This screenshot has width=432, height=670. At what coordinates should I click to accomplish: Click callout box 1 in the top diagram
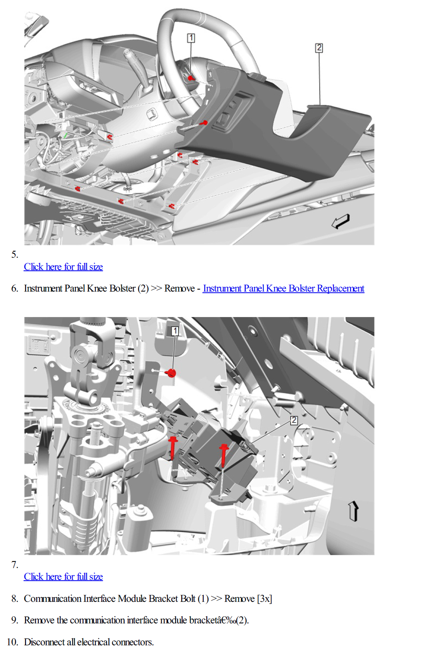191,38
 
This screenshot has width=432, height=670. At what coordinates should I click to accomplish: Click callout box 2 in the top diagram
319,48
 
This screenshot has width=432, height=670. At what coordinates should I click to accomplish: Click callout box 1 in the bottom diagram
175,331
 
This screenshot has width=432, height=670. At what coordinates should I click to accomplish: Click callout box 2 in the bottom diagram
294,420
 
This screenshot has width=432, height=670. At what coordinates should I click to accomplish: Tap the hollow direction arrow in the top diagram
341,221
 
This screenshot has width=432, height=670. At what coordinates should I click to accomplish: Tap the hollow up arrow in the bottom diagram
354,511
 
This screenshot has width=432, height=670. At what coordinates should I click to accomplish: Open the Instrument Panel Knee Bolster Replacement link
283,288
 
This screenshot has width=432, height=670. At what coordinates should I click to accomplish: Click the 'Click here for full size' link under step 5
63,266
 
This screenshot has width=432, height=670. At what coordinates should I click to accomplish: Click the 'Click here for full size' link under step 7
63,576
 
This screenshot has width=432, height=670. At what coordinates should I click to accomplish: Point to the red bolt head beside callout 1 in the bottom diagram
171,373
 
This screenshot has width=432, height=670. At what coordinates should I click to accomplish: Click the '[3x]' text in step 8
264,599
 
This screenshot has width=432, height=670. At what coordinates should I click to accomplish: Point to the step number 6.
15,288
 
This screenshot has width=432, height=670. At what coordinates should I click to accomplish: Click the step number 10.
12,642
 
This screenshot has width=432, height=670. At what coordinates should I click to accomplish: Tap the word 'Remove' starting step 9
40,620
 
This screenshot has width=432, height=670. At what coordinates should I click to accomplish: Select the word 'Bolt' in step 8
188,599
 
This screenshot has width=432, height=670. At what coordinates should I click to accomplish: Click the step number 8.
15,599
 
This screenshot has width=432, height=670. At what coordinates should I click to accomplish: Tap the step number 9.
15,620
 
